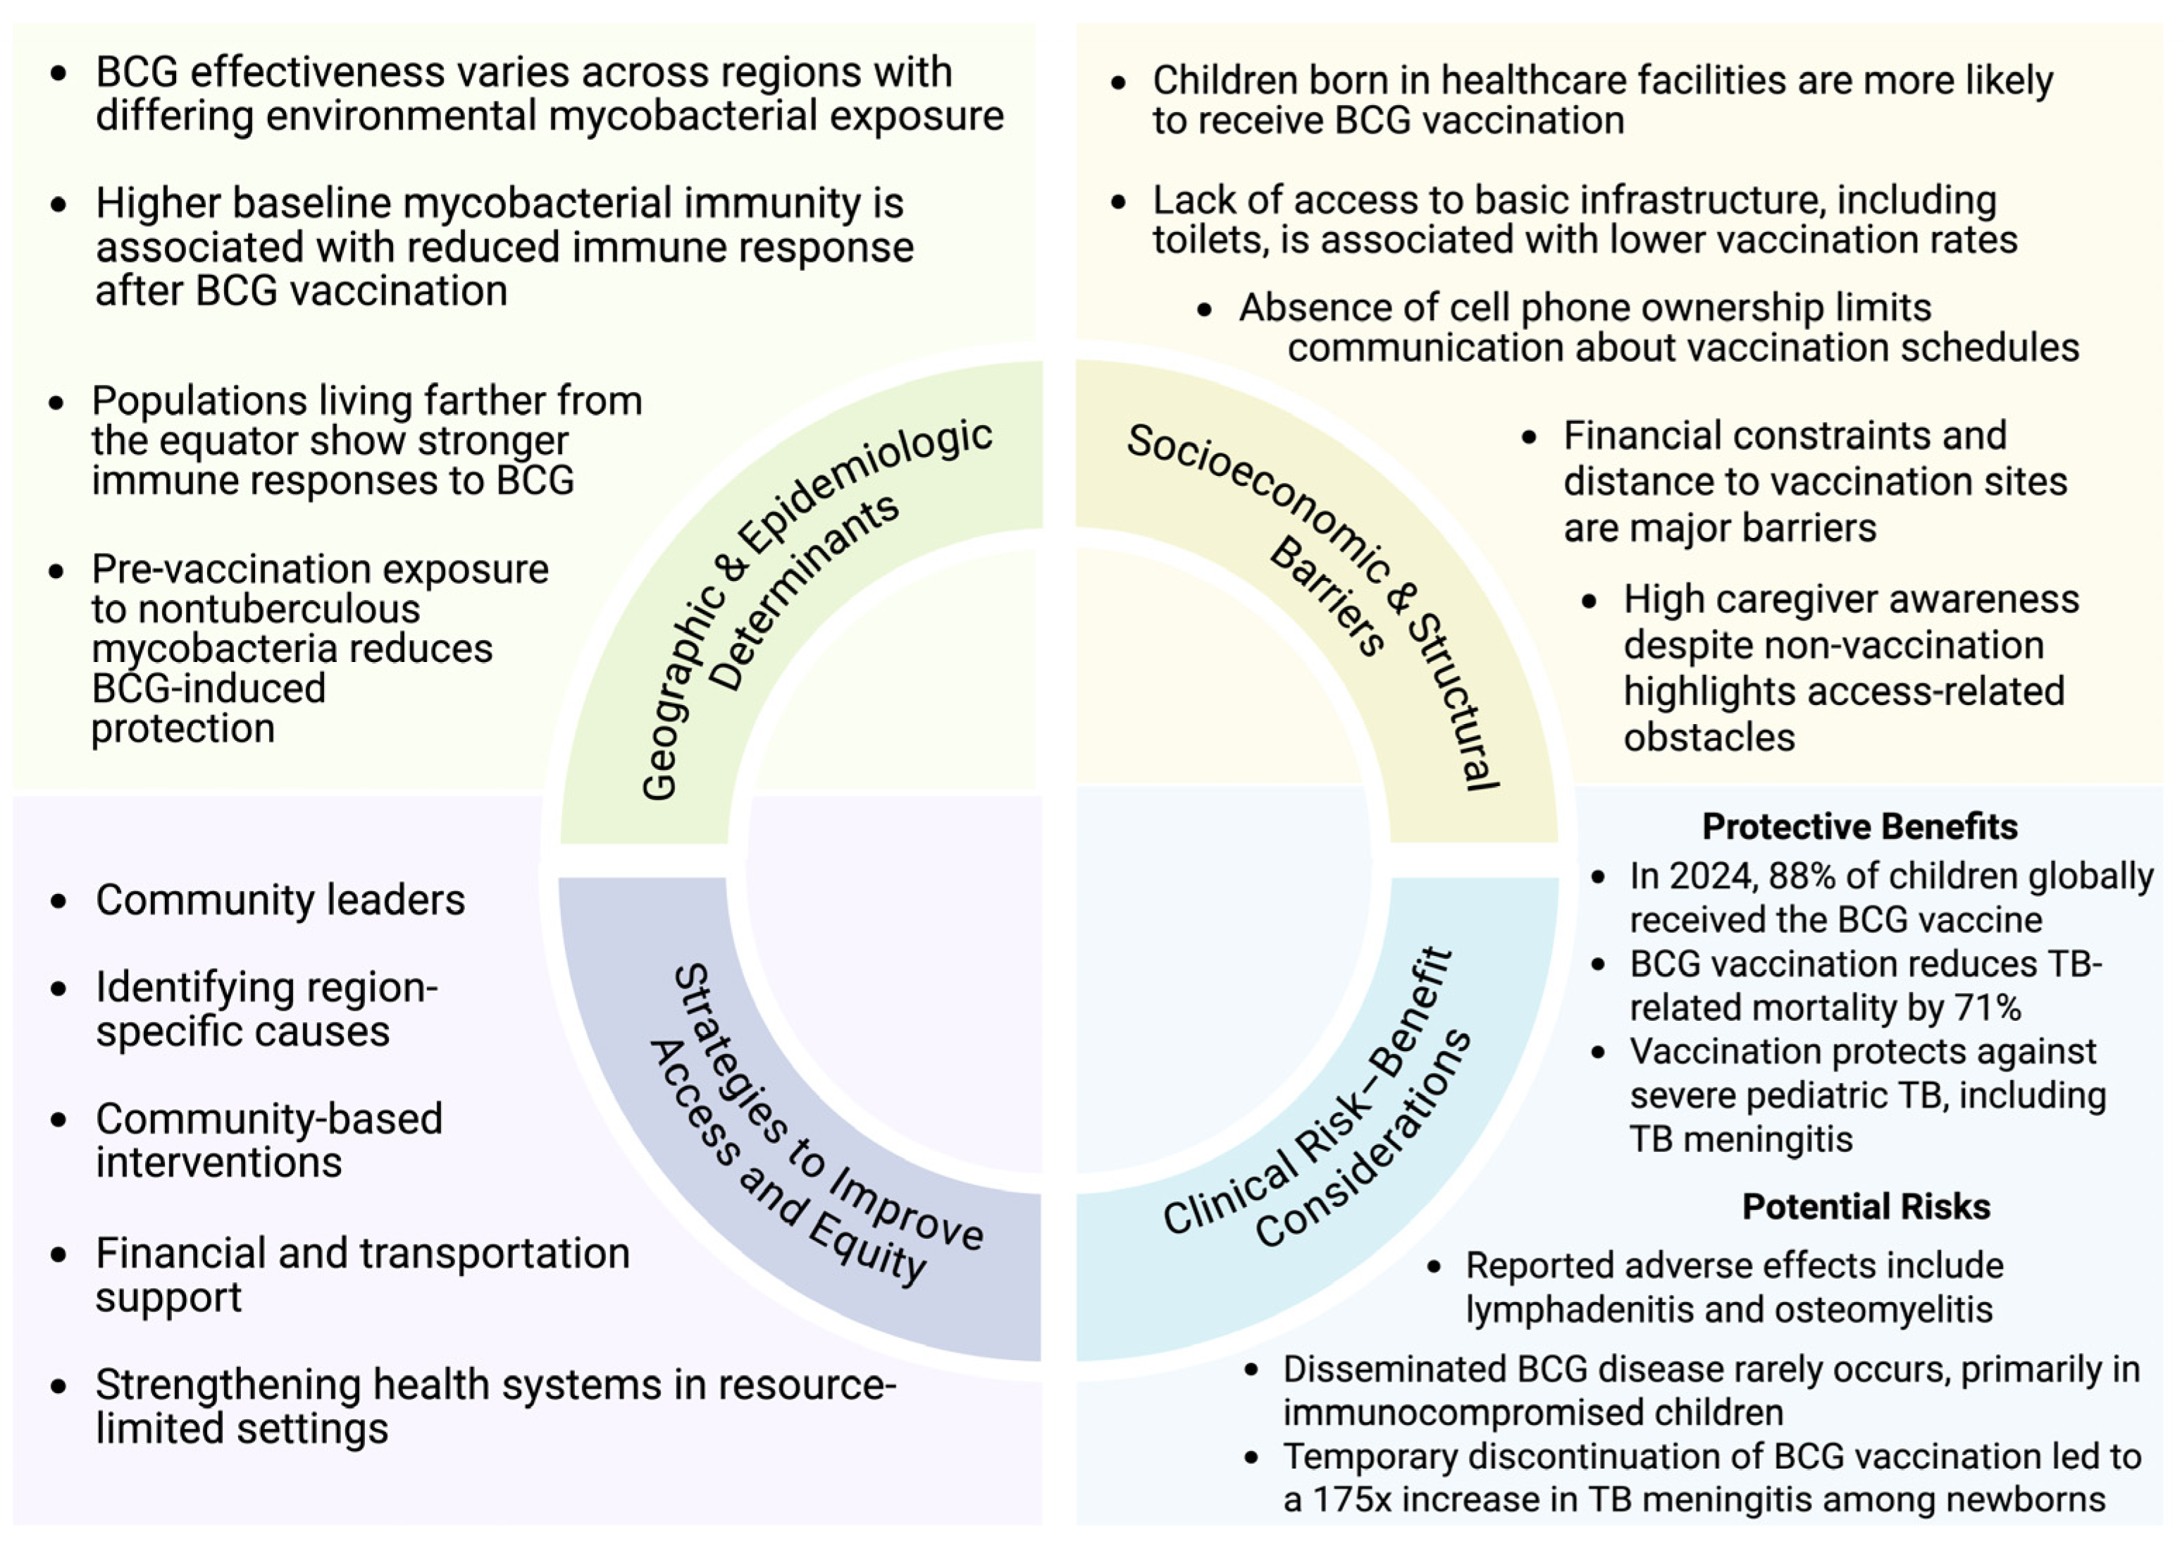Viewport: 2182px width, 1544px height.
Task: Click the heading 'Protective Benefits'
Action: (1859, 827)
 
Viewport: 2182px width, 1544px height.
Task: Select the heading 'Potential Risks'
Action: (1866, 1206)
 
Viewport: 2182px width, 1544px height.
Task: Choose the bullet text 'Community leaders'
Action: (280, 900)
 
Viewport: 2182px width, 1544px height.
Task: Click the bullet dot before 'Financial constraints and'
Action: (1529, 437)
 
